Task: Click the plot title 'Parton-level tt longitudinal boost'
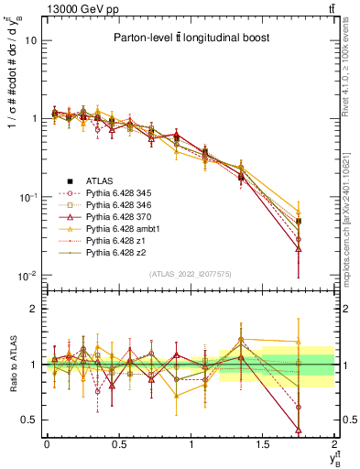click(x=189, y=38)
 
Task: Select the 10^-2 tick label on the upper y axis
click(x=27, y=276)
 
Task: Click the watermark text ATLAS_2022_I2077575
click(x=190, y=273)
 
